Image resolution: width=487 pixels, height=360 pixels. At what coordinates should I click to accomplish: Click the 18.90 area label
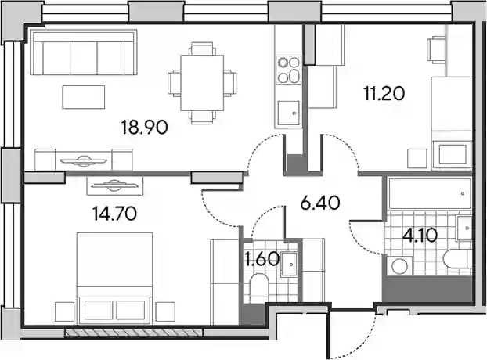tap(145, 128)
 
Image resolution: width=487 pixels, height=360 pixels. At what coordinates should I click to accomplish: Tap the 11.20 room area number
tap(384, 93)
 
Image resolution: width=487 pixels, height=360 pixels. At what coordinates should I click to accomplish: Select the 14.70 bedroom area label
tap(115, 214)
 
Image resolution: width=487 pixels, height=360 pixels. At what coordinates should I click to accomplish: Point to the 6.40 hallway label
tap(320, 203)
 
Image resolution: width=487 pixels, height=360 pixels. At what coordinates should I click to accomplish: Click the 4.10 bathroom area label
tap(420, 236)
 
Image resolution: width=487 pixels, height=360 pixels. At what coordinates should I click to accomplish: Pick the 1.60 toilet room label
tap(262, 260)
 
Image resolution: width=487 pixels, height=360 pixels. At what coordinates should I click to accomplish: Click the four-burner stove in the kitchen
tap(289, 70)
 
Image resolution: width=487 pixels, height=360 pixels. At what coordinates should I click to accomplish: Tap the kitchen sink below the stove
tap(289, 113)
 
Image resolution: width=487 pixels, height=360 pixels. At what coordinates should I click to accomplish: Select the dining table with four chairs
tap(202, 83)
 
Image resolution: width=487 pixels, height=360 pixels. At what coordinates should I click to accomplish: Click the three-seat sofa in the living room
tap(84, 52)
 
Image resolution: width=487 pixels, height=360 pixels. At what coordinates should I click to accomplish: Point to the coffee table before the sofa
tap(84, 97)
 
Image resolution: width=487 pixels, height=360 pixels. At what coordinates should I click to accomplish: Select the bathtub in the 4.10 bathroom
tap(430, 193)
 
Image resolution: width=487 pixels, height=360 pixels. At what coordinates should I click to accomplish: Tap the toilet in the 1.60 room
tap(259, 288)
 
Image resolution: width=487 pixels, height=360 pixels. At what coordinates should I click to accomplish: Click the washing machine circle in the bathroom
tap(400, 266)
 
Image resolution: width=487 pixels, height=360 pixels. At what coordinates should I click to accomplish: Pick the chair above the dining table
tap(202, 49)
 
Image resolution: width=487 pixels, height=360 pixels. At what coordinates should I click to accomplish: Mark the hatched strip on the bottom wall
tap(134, 333)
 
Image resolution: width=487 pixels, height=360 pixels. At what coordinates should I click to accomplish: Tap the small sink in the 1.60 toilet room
tap(289, 265)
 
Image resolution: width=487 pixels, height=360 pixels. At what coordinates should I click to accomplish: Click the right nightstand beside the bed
tap(164, 311)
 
